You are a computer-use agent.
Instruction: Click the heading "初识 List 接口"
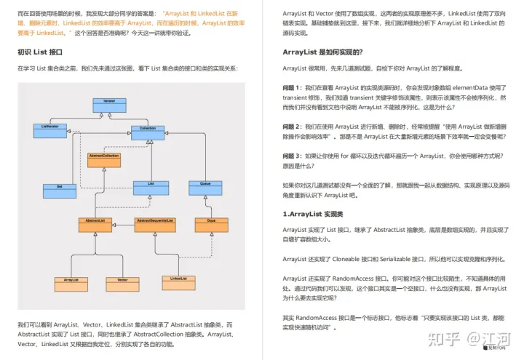coord(41,52)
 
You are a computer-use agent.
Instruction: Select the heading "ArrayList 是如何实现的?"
coord(322,52)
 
